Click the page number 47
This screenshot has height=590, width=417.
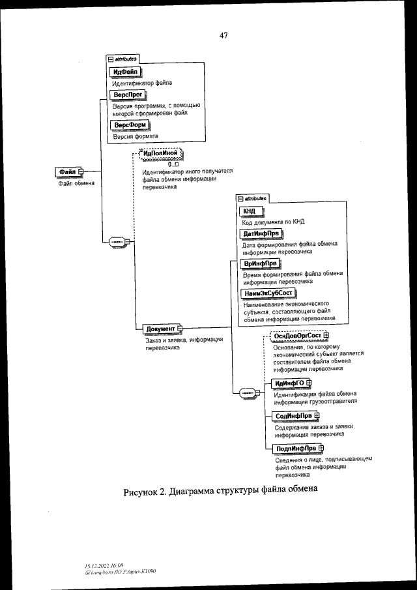coord(223,35)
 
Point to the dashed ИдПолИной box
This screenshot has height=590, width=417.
coord(160,154)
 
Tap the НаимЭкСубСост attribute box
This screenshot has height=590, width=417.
coord(268,293)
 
